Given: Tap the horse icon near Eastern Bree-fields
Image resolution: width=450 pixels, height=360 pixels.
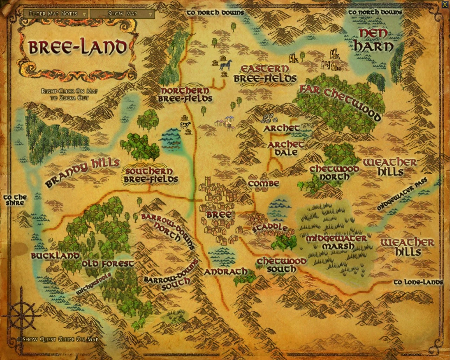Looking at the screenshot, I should [225, 65].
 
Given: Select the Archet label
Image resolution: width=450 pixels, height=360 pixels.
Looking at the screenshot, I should [282, 128].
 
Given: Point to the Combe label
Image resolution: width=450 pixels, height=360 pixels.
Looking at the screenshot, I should [263, 184].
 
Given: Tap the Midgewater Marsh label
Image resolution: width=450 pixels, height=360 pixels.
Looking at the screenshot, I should [337, 242].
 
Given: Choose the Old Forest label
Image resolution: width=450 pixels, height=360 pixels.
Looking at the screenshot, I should [108, 264].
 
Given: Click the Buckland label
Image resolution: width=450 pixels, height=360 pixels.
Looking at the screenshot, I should [54, 256].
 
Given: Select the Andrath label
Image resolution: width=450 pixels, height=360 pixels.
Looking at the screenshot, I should [226, 272].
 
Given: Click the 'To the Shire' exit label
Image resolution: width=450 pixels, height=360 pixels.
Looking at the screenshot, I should [15, 200].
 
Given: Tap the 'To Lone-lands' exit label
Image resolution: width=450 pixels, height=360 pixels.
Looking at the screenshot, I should [418, 282].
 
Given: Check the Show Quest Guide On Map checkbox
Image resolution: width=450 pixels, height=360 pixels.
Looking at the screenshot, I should [20, 340].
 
